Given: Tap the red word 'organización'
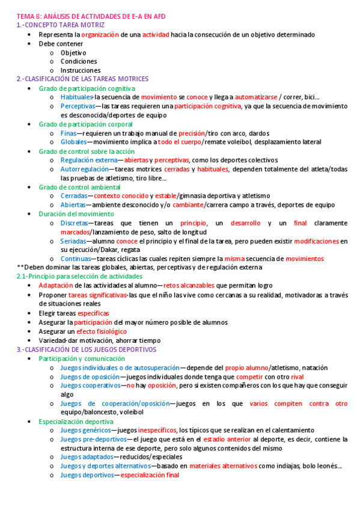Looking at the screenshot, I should [100, 35].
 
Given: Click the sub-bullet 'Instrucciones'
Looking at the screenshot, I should [81, 70].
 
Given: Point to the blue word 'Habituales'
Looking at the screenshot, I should [76, 97].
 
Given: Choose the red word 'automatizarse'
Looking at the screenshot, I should [256, 97].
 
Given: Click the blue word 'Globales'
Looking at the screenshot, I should [74, 142].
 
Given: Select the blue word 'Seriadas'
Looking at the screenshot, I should [74, 241].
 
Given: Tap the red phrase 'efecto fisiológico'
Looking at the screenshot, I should [102, 331].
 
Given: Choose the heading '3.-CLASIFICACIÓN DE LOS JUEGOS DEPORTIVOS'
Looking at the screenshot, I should [87, 349].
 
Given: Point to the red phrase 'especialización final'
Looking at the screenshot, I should [150, 475].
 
